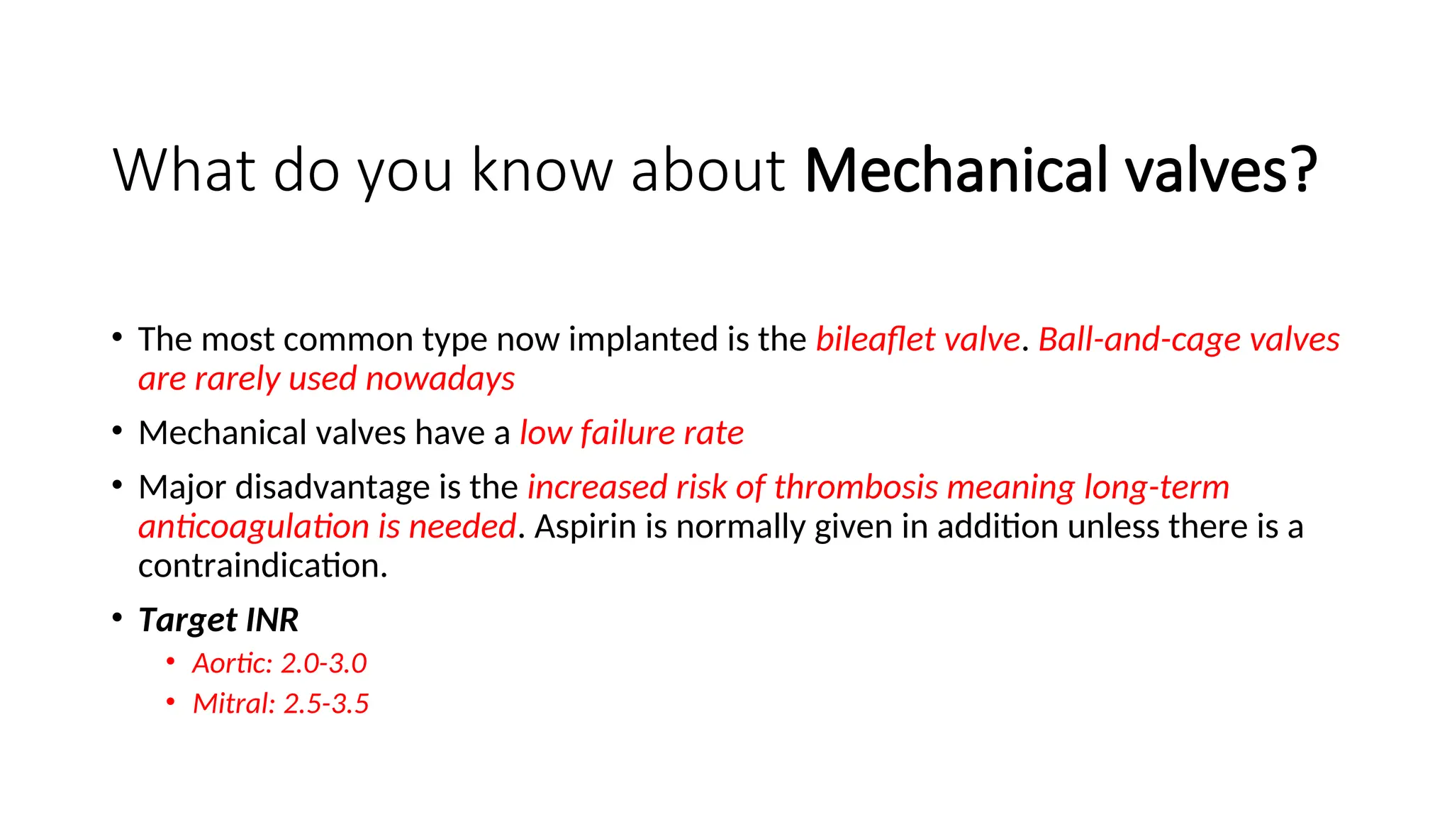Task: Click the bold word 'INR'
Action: (x=272, y=620)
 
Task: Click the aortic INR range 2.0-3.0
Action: (x=324, y=664)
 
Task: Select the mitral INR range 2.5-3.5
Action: (x=326, y=704)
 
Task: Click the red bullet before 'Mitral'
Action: (x=170, y=702)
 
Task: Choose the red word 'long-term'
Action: (x=1156, y=487)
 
